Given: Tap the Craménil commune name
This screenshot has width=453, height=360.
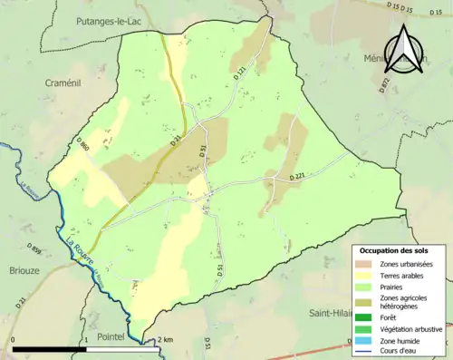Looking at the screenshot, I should click(65, 83).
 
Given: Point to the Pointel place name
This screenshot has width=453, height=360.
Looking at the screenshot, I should click(107, 336).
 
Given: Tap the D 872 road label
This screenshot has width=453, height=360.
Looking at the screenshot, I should click(385, 84).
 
